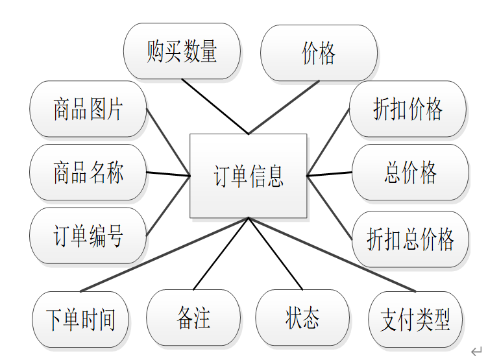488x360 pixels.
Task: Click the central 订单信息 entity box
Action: pos(248,176)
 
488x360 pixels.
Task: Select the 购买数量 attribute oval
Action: pos(182,51)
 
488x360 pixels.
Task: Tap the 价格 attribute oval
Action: pos(319,53)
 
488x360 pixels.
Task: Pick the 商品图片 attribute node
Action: pos(88,109)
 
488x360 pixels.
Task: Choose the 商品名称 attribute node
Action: pos(88,173)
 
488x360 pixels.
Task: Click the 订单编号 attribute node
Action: pos(88,235)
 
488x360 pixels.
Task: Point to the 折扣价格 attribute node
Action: pos(408,109)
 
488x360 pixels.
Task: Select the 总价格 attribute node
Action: pos(410,173)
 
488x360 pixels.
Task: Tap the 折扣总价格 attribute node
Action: pos(410,239)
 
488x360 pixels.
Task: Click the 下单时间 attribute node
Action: pos(80,319)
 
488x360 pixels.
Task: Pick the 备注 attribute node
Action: pos(193,318)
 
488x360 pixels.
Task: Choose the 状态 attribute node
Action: pos(302,318)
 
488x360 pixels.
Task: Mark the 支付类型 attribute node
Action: pos(415,319)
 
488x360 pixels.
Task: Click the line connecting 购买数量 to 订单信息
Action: pos(215,106)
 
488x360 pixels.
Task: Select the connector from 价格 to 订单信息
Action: pos(284,107)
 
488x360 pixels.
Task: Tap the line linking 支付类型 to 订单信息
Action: pos(332,254)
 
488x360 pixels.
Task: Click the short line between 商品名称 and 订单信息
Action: pos(168,174)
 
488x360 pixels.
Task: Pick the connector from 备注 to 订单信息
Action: pos(221,254)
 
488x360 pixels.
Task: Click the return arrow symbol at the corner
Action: pos(476,351)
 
